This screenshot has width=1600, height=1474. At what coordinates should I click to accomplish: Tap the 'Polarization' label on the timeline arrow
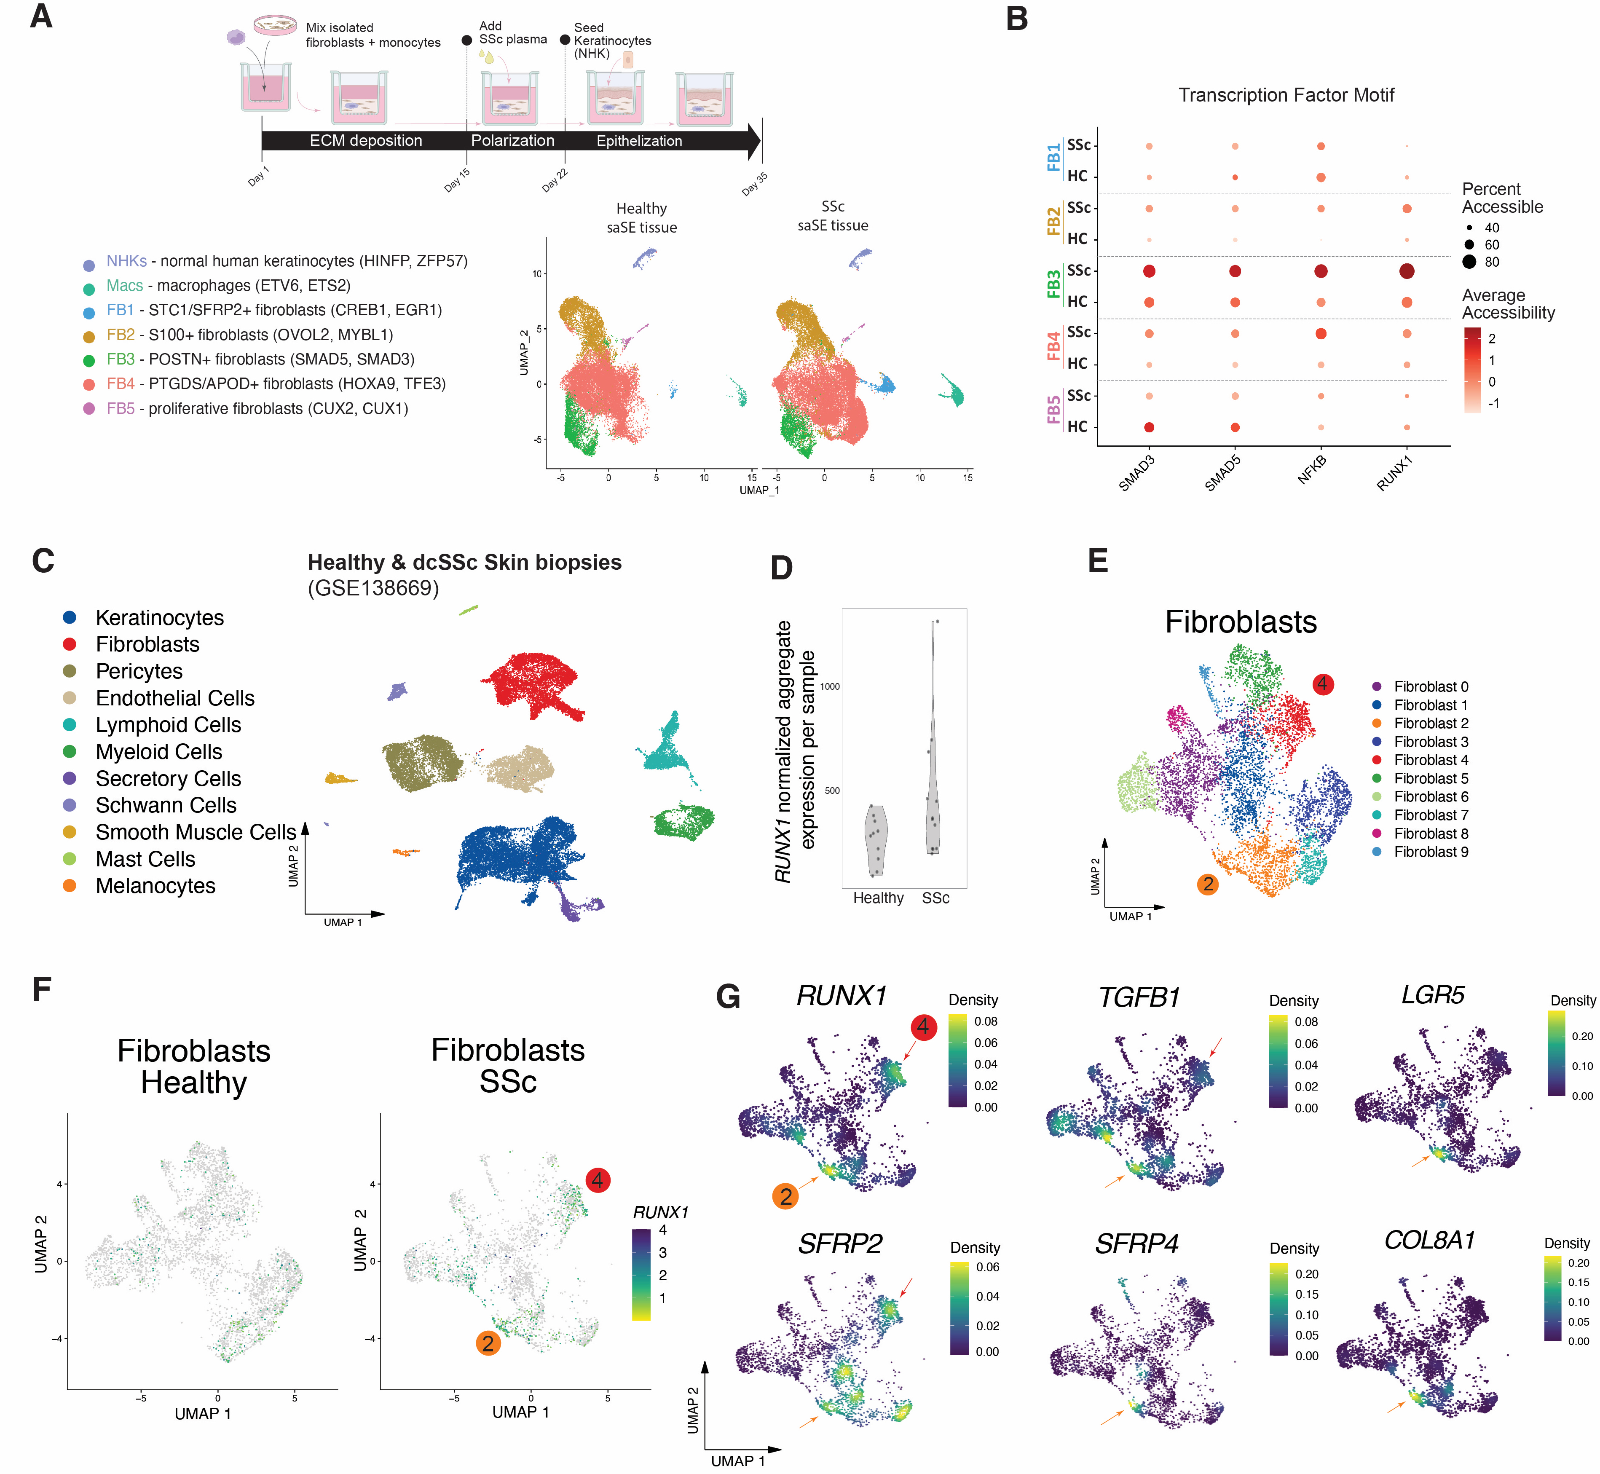click(x=512, y=140)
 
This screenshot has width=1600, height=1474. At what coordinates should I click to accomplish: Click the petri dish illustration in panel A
click(x=274, y=26)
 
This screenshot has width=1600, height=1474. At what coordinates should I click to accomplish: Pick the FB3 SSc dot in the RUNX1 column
click(x=1406, y=271)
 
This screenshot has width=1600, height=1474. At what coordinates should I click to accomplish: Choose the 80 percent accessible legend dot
click(x=1469, y=262)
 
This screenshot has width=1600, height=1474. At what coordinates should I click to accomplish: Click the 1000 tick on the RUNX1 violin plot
click(x=830, y=686)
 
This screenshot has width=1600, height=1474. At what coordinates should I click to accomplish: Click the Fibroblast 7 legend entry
click(x=1430, y=815)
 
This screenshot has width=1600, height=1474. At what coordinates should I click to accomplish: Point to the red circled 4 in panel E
click(x=1322, y=683)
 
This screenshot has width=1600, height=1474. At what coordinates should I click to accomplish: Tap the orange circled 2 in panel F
click(x=488, y=1343)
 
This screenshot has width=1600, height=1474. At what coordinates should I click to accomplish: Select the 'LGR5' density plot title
click(x=1433, y=995)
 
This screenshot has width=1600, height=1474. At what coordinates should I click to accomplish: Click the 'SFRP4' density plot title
click(x=1136, y=1244)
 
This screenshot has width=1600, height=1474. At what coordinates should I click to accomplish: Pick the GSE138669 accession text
click(x=373, y=589)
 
